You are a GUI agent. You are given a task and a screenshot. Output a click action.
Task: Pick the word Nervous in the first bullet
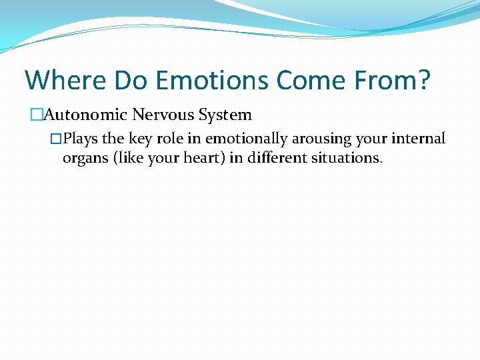pos(157,115)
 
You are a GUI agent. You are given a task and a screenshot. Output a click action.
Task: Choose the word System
pos(225,115)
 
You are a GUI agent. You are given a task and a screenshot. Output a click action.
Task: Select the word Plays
pos(81,139)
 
